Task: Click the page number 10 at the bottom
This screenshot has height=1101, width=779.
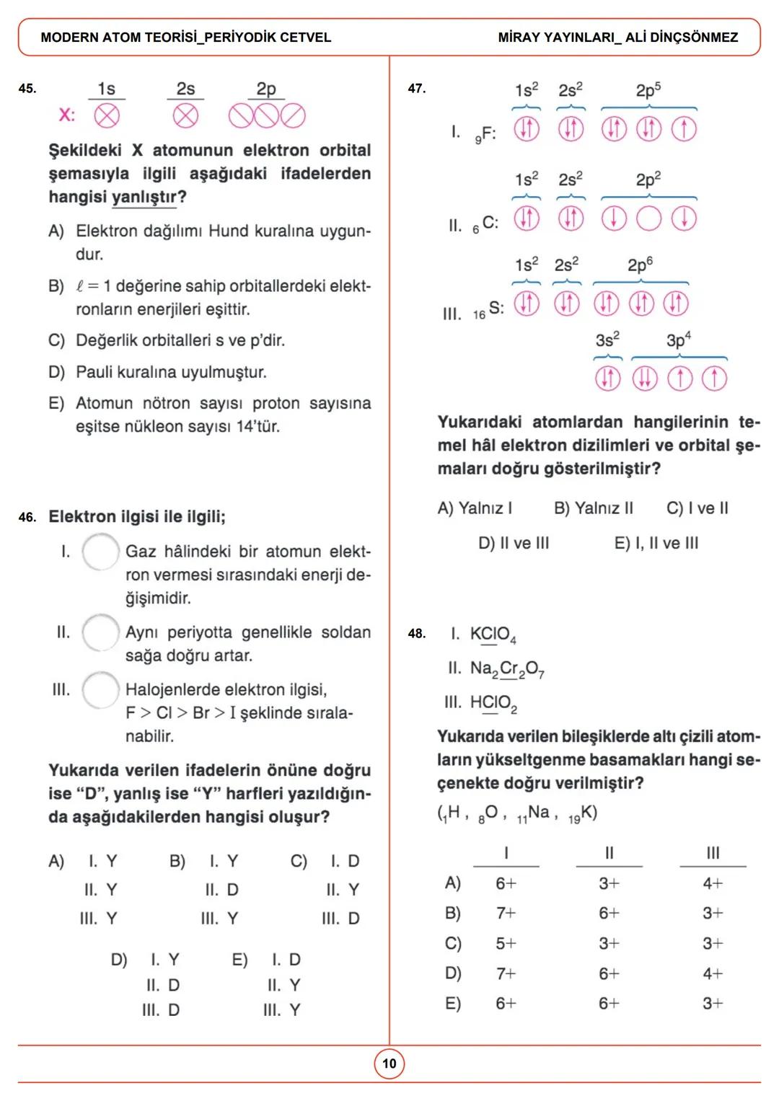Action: tap(389, 1064)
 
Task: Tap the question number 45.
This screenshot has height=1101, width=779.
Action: tap(27, 89)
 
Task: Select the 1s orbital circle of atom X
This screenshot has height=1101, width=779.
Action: tap(107, 115)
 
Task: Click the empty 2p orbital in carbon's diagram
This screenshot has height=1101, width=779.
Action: tap(648, 218)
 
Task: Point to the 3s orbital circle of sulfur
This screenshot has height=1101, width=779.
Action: tap(607, 378)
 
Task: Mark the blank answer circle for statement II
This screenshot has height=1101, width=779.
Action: tap(100, 632)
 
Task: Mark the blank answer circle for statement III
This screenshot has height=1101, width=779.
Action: tap(100, 690)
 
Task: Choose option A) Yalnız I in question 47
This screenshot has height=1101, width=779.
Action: tap(475, 508)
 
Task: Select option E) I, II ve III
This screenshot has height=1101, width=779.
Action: tap(656, 543)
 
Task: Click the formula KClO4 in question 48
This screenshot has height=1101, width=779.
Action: tap(493, 634)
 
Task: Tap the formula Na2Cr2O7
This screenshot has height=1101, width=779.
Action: tap(506, 669)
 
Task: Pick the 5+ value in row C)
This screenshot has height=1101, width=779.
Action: tap(506, 943)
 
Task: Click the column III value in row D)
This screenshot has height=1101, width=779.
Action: tap(713, 973)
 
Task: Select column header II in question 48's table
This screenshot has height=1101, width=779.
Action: tap(609, 853)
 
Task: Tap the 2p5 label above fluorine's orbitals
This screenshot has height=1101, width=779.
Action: tap(648, 90)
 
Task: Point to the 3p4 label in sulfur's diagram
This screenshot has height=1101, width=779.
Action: tap(678, 340)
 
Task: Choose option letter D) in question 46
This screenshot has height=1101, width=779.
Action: tap(119, 960)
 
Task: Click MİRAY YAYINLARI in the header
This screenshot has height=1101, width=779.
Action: tap(558, 37)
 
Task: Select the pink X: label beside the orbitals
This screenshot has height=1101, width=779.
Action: tap(66, 115)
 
